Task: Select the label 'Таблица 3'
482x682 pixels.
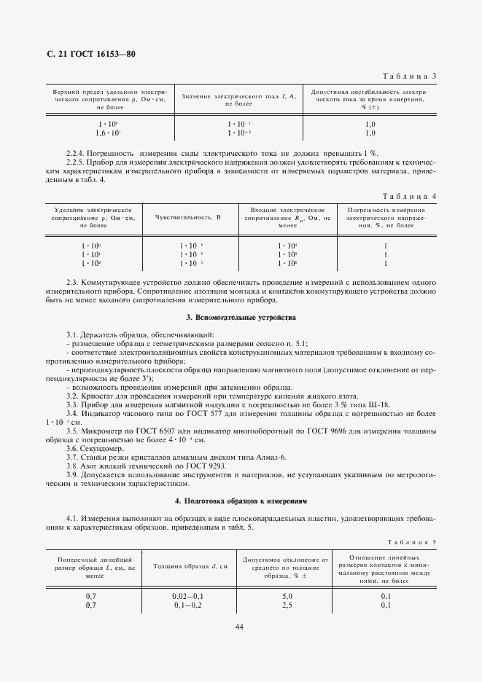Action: pyautogui.click(x=411, y=77)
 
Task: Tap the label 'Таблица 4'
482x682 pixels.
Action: pyautogui.click(x=411, y=197)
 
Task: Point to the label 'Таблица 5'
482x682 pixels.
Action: pyautogui.click(x=413, y=543)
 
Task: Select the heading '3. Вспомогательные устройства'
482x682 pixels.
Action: pyautogui.click(x=241, y=318)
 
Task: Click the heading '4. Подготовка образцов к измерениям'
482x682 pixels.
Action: pyautogui.click(x=241, y=501)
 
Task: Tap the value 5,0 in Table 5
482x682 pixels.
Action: pyautogui.click(x=287, y=595)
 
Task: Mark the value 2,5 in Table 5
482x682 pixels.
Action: pyautogui.click(x=287, y=604)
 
